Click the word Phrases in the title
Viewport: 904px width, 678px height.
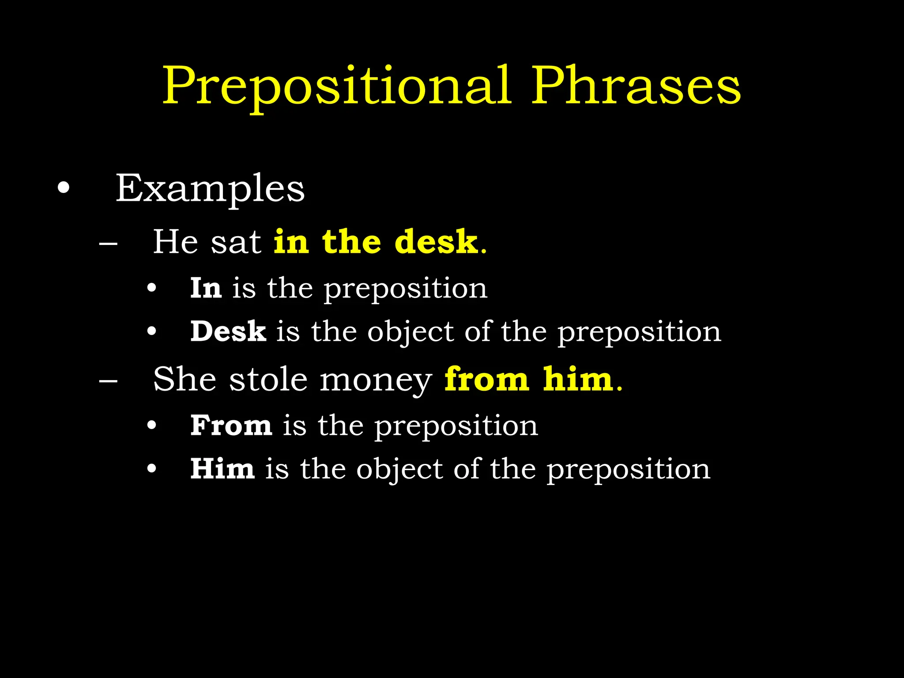click(636, 86)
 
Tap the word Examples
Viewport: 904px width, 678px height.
click(210, 189)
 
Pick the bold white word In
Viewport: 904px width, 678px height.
click(206, 288)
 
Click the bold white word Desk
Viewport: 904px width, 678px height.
click(228, 331)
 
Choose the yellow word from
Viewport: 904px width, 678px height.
click(486, 380)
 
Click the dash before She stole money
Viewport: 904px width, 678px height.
click(108, 380)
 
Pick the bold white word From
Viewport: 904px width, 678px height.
click(231, 426)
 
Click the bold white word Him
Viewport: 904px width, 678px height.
click(222, 469)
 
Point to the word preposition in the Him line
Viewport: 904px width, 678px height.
click(629, 470)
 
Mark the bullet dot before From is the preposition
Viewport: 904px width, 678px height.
click(152, 426)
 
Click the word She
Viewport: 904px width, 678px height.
click(185, 380)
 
